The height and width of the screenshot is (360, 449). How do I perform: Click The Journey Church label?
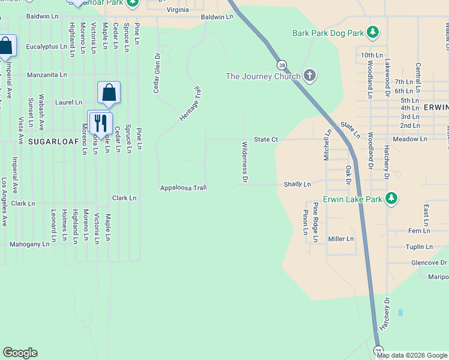pyautogui.click(x=263, y=76)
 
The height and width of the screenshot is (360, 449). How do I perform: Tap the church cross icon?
pyautogui.click(x=310, y=75)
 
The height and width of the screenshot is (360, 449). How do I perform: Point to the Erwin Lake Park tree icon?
pyautogui.click(x=391, y=198)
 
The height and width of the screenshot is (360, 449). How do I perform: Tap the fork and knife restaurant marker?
pyautogui.click(x=100, y=123)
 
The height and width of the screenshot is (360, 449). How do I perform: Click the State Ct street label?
pyautogui.click(x=266, y=139)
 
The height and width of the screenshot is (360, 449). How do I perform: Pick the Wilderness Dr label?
pyautogui.click(x=245, y=162)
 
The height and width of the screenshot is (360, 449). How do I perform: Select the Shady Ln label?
pyautogui.click(x=298, y=184)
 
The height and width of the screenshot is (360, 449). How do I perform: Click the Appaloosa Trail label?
pyautogui.click(x=183, y=188)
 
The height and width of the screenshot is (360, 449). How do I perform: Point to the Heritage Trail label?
pyautogui.click(x=190, y=104)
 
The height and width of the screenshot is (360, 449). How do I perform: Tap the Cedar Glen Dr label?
pyautogui.click(x=157, y=73)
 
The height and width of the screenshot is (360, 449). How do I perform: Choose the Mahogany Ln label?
pyautogui.click(x=29, y=244)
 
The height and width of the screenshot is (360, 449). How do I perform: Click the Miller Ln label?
pyautogui.click(x=341, y=239)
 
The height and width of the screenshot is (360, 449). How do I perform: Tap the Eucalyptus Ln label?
pyautogui.click(x=46, y=46)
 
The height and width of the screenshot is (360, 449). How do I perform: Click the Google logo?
pyautogui.click(x=20, y=353)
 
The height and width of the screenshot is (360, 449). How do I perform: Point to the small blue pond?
pyautogui.click(x=400, y=313)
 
